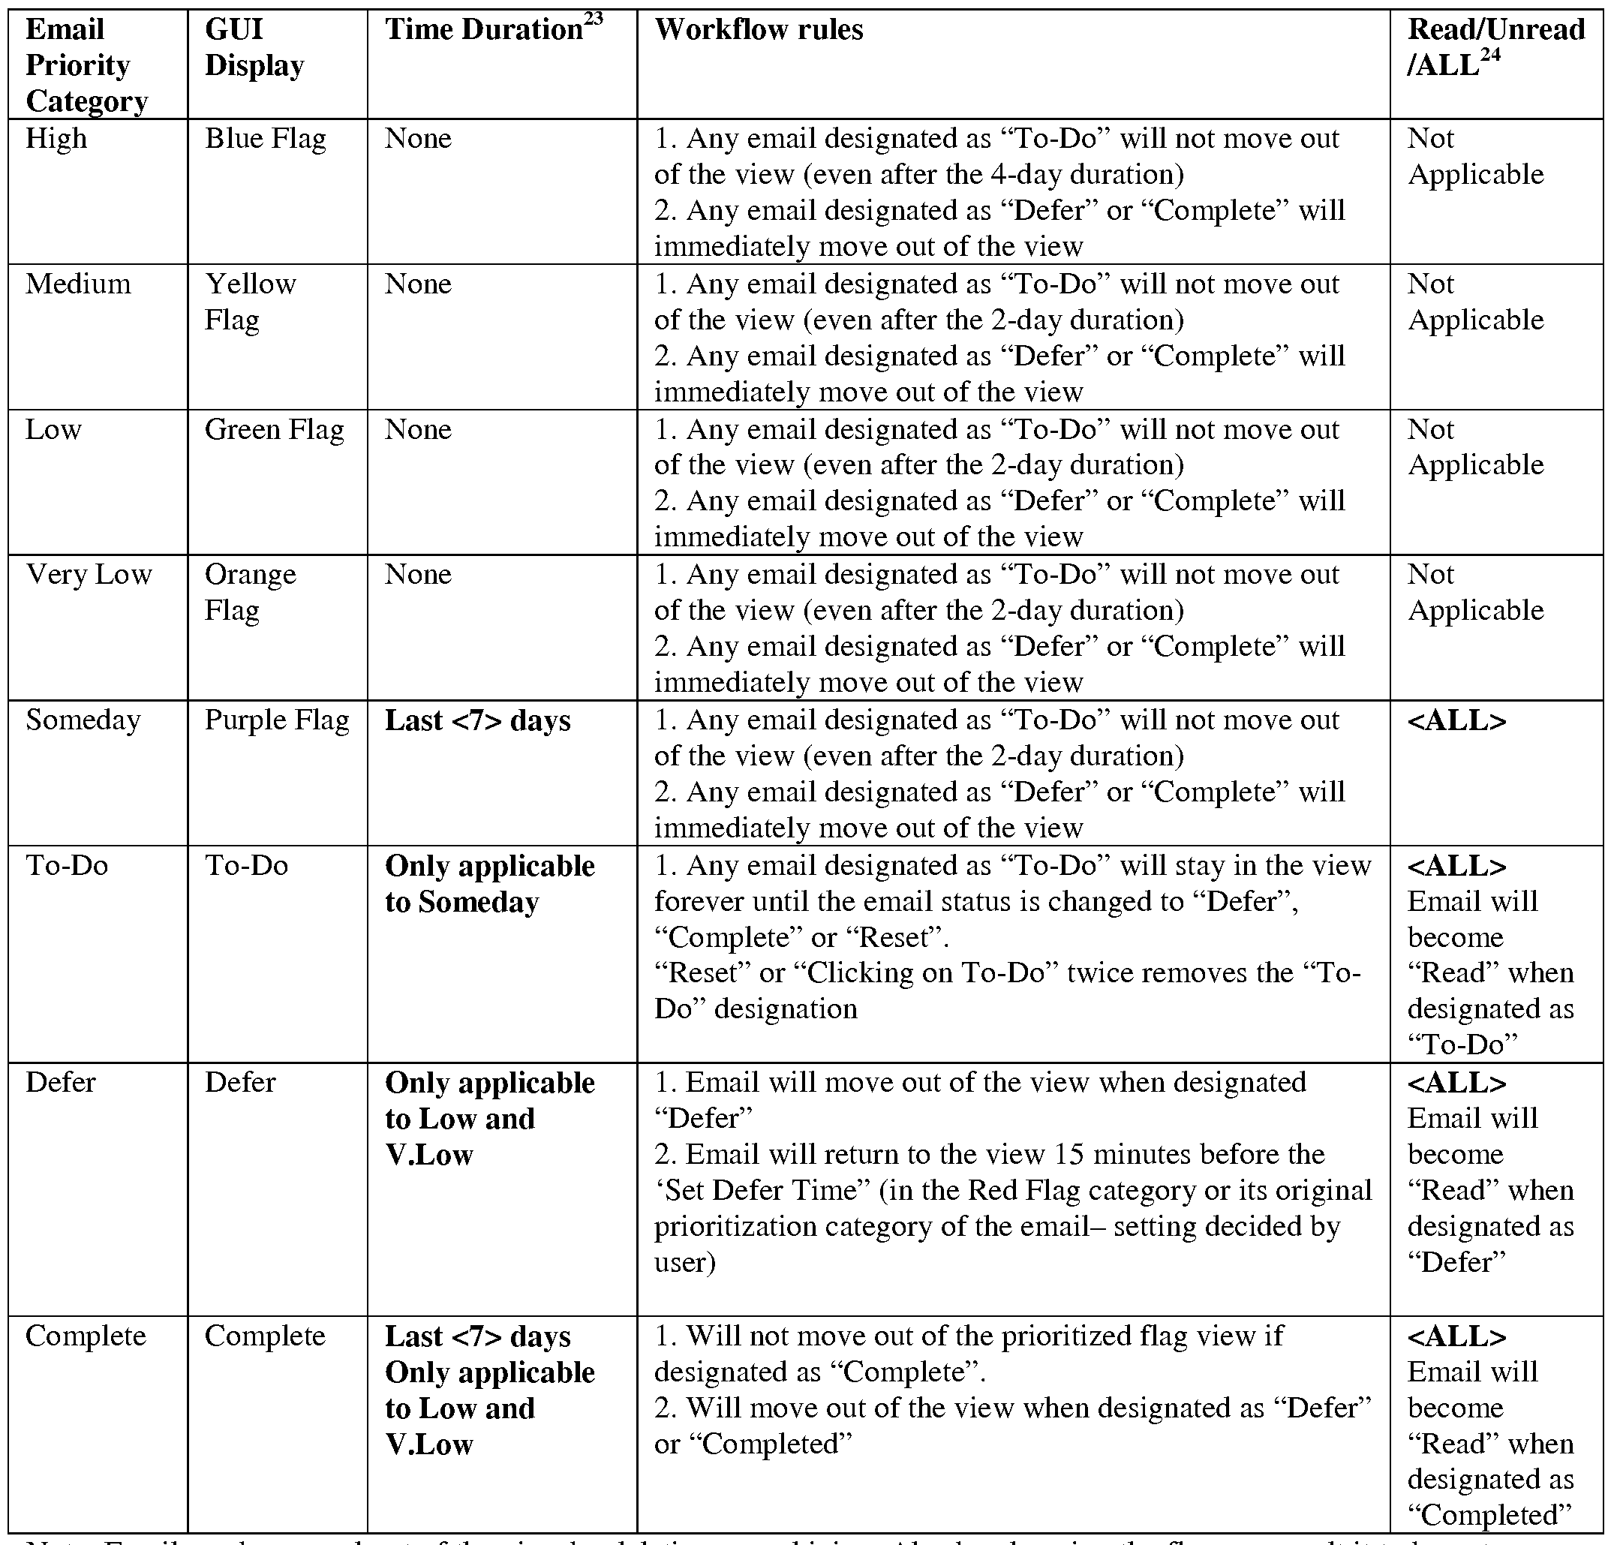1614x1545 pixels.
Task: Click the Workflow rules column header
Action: pos(759,31)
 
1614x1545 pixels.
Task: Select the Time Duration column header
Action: pos(484,31)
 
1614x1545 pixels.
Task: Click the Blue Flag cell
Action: pos(265,138)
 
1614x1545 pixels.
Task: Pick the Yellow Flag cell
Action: pos(250,302)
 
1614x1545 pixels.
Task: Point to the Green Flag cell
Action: pos(274,429)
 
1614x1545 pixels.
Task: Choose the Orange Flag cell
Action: pos(250,592)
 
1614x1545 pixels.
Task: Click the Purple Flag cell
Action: pos(277,720)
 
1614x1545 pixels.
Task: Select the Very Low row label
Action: pos(89,574)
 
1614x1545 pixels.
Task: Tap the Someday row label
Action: pos(83,720)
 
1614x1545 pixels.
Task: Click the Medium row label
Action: pos(78,284)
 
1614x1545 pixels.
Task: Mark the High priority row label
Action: pos(56,138)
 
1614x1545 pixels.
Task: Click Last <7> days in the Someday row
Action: pos(478,720)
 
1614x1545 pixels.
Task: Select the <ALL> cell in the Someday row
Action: pos(1456,720)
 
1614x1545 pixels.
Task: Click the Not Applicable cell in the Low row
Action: pos(1475,447)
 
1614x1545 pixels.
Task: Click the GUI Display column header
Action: pos(254,48)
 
